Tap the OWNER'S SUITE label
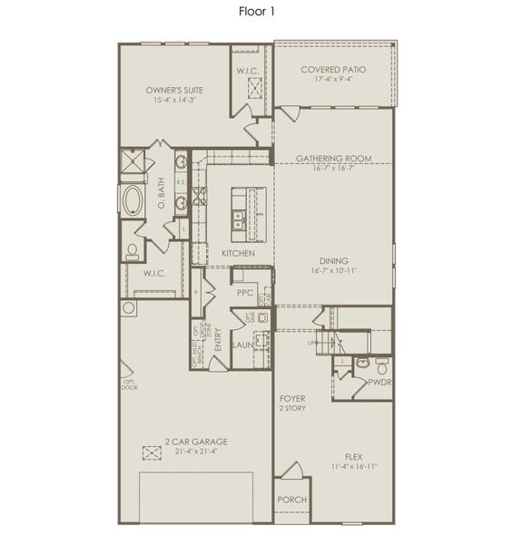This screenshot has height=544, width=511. pyautogui.click(x=173, y=91)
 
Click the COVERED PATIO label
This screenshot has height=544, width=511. pyautogui.click(x=333, y=69)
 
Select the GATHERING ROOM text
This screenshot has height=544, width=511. pyautogui.click(x=333, y=159)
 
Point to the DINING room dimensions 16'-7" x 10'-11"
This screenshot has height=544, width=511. pyautogui.click(x=334, y=269)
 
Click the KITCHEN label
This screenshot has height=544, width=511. pyautogui.click(x=238, y=253)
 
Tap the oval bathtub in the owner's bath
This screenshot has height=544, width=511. pyautogui.click(x=133, y=200)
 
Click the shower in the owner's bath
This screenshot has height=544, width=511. pyautogui.click(x=133, y=166)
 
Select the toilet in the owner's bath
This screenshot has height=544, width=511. pyautogui.click(x=133, y=249)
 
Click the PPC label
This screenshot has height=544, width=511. pyautogui.click(x=244, y=293)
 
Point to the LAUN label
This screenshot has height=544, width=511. pyautogui.click(x=242, y=345)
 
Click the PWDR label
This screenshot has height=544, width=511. pyautogui.click(x=378, y=383)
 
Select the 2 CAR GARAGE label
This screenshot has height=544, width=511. pyautogui.click(x=196, y=442)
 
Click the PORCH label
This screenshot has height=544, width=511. pyautogui.click(x=292, y=500)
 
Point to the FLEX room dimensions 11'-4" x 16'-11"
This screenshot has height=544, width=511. pyautogui.click(x=353, y=466)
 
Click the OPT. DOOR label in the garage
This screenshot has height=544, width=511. pyautogui.click(x=130, y=384)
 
